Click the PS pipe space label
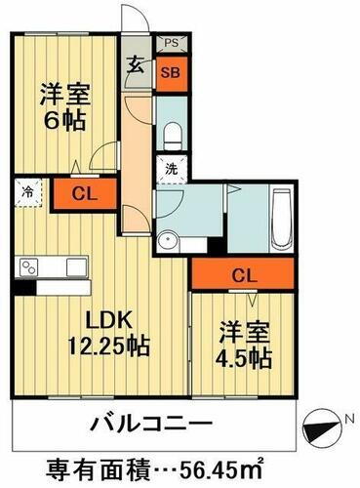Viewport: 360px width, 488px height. click(170, 43)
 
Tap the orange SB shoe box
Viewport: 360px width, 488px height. click(170, 72)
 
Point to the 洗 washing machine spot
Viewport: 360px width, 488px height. click(170, 167)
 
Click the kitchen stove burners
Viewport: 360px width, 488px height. click(26, 268)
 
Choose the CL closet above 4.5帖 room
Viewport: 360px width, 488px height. click(245, 276)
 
